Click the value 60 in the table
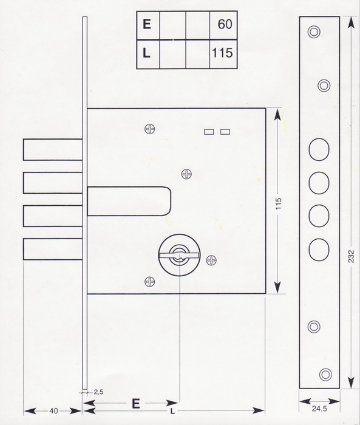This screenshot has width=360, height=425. click(x=225, y=24)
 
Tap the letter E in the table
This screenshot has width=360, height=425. click(x=147, y=24)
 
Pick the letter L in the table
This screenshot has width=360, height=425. click(x=146, y=53)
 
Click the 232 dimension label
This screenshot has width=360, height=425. click(x=351, y=256)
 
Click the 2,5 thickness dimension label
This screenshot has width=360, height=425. click(x=99, y=392)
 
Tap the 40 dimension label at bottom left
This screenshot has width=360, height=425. click(x=53, y=411)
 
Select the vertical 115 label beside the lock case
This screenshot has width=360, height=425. click(x=279, y=204)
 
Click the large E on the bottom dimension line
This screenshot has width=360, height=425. click(x=136, y=404)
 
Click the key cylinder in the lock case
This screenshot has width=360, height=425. click(x=179, y=256)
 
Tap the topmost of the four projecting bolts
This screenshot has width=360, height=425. click(x=53, y=149)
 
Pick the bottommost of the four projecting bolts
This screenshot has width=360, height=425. click(x=53, y=249)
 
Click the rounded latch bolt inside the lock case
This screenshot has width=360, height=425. click(x=129, y=201)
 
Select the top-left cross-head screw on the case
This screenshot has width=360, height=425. click(x=149, y=129)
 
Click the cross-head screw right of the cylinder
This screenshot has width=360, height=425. click(x=211, y=260)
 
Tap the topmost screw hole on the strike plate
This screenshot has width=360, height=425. click(x=314, y=32)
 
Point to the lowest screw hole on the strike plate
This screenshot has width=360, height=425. click(x=325, y=375)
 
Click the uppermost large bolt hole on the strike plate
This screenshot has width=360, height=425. click(x=319, y=149)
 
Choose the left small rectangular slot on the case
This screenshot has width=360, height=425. click(x=209, y=132)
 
